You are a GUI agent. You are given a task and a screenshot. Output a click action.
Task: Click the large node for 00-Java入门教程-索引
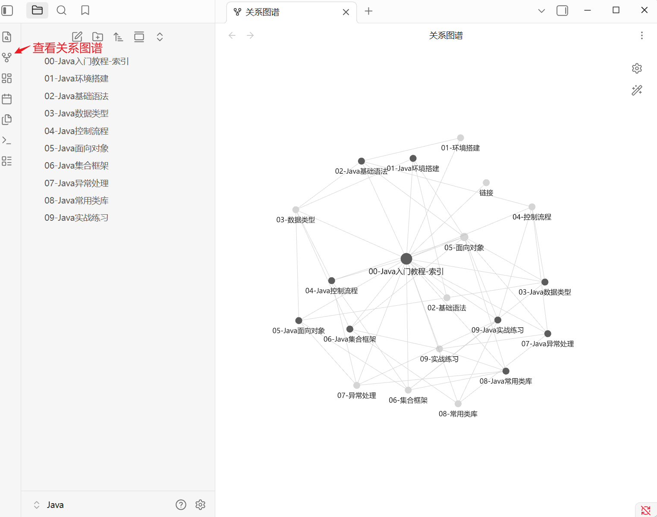(x=406, y=259)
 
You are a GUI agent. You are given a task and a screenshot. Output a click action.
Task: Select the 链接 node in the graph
(x=486, y=183)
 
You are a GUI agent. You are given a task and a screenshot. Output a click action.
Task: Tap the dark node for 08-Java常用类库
(x=506, y=371)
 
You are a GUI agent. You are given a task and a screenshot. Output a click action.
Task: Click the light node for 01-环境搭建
(x=461, y=138)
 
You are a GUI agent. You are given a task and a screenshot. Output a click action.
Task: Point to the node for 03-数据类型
(x=296, y=210)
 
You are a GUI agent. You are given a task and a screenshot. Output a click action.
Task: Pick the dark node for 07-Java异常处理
(x=548, y=334)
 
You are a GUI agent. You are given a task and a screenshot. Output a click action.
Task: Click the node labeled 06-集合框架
(x=408, y=390)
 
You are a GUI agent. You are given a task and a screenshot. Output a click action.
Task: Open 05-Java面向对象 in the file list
(x=76, y=148)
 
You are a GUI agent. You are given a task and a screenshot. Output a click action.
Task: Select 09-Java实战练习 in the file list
(x=76, y=218)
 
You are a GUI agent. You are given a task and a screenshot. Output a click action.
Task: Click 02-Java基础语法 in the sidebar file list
(x=76, y=96)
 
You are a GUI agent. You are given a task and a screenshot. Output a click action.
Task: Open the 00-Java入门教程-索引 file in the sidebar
(x=86, y=61)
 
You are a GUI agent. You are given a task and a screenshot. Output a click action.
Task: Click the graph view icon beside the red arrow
(x=7, y=57)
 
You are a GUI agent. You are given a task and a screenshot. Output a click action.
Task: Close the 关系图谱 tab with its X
(x=346, y=12)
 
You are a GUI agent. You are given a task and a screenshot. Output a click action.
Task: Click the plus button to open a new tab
(x=368, y=11)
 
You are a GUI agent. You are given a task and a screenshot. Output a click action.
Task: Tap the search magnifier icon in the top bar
(x=62, y=10)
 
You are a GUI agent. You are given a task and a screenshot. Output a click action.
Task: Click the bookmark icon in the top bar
(x=85, y=10)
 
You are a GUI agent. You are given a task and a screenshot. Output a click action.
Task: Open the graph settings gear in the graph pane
(x=637, y=69)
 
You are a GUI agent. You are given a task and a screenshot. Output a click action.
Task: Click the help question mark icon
(x=181, y=504)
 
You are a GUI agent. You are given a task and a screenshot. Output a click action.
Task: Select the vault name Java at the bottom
(x=55, y=505)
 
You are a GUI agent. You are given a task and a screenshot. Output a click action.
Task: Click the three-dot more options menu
(x=642, y=35)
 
